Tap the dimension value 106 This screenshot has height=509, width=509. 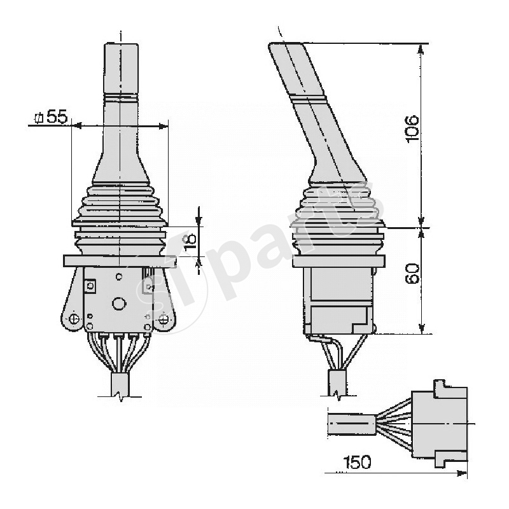(412, 129)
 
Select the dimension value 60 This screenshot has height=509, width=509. (412, 274)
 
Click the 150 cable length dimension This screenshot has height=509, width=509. (357, 463)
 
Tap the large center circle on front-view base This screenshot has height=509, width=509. (118, 304)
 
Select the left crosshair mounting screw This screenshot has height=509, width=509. (74, 318)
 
